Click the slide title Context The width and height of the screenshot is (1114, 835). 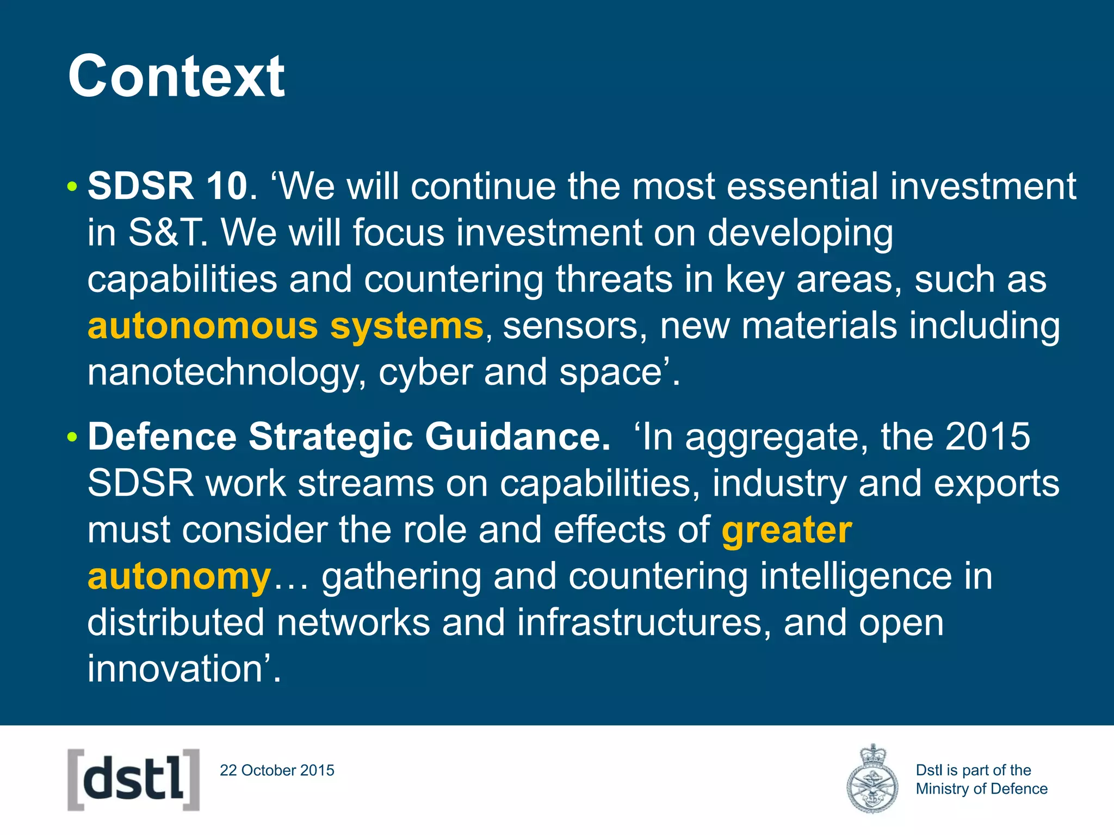point(176,77)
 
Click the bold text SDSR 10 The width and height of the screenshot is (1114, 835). point(168,186)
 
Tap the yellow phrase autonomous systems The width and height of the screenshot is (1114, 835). point(285,326)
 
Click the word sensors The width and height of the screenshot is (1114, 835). point(570,326)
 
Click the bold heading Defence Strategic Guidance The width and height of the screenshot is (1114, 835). point(349,437)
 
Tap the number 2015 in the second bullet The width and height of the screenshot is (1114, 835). point(987,437)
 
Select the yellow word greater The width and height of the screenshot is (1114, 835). point(787,530)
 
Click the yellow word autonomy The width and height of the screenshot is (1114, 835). point(180,577)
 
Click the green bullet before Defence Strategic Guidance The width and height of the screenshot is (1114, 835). point(72,438)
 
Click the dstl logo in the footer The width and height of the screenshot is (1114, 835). point(134,780)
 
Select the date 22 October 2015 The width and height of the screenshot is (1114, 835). point(277,770)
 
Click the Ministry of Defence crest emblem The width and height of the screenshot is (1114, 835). point(872,779)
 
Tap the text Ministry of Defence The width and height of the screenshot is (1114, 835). point(981,789)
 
